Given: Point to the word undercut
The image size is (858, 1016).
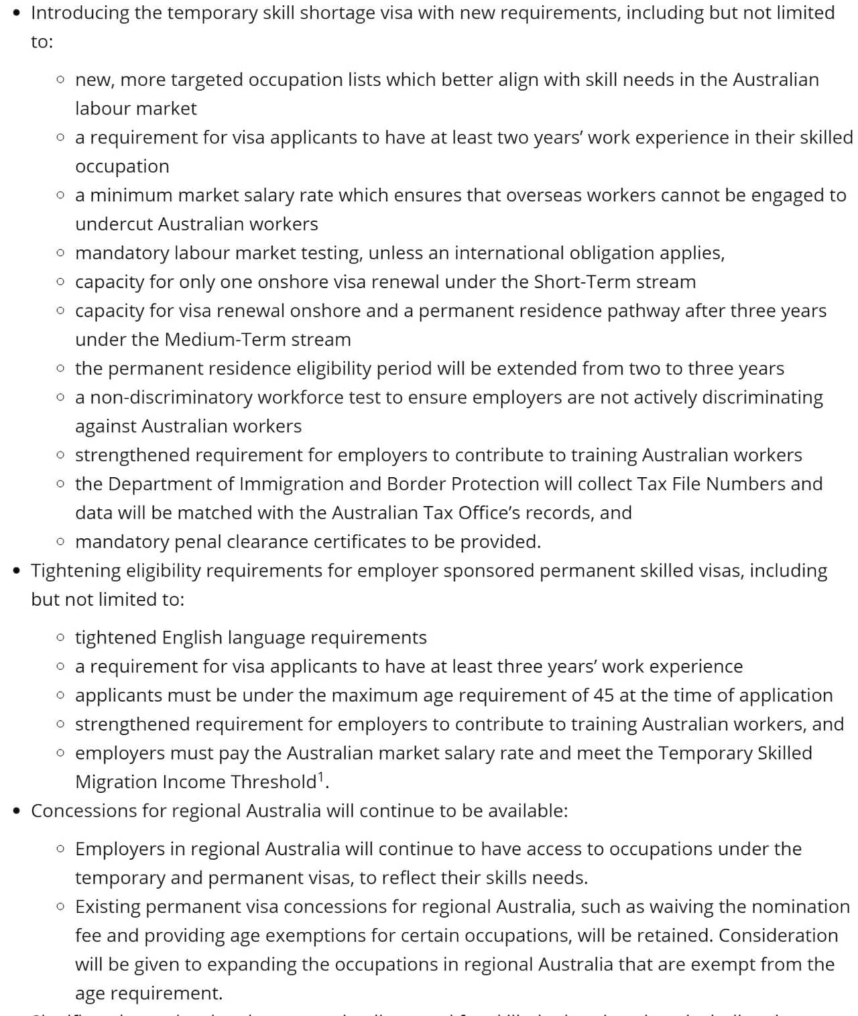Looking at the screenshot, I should tap(114, 224).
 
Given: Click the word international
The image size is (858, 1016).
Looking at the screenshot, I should tap(509, 253).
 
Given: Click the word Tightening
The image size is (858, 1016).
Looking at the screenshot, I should tap(75, 570).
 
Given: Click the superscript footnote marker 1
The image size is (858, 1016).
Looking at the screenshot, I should tap(320, 777).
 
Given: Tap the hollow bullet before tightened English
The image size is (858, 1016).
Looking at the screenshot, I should tap(61, 637).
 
